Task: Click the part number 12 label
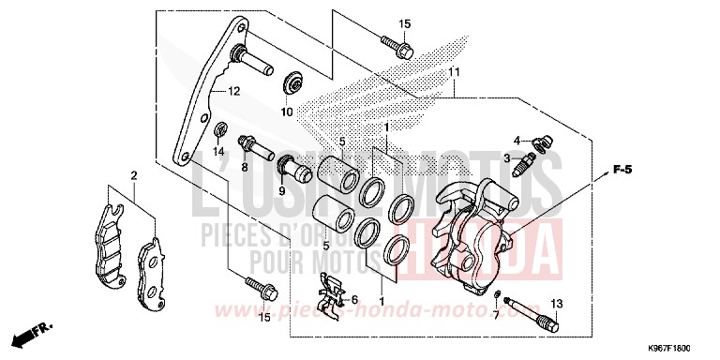coord(234,91)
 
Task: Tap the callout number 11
coord(454,73)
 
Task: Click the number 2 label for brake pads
coord(135,176)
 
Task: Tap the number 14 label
coord(217,152)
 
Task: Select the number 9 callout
coord(280,190)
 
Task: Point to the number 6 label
coord(354,300)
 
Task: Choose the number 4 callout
coord(517,141)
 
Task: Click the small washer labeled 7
coord(496,300)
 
